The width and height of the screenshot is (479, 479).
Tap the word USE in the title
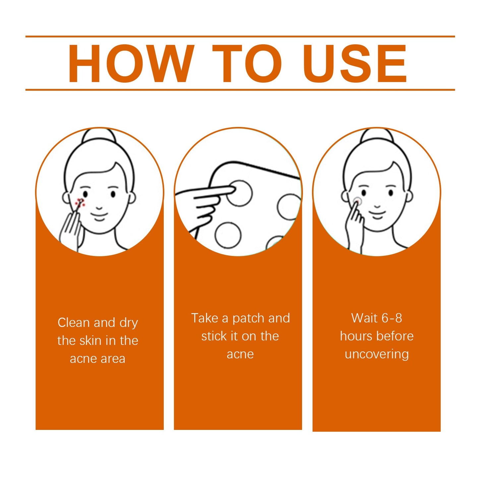point(355,64)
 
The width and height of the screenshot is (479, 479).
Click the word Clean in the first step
point(74,323)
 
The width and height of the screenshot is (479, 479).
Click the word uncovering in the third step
point(377,354)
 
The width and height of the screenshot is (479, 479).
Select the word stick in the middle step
point(214,336)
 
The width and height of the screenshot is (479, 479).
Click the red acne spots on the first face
point(80,202)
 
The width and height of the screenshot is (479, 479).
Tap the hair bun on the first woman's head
point(99,136)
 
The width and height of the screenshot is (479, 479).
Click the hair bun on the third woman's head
point(377,136)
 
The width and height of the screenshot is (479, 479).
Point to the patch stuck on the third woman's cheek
point(357,200)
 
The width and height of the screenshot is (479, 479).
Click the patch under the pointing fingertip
point(239,193)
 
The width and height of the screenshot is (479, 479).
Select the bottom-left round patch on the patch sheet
point(228,235)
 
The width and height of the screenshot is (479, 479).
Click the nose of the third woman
point(377,206)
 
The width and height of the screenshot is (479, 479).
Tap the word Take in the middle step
point(205,318)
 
